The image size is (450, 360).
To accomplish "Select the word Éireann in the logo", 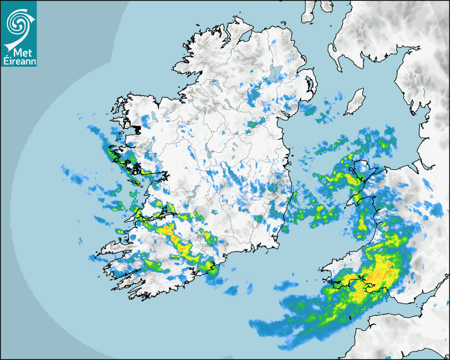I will click(x=19, y=62).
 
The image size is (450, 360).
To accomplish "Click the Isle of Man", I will click(x=355, y=102).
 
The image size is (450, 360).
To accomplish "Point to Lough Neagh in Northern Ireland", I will click(x=276, y=73).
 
